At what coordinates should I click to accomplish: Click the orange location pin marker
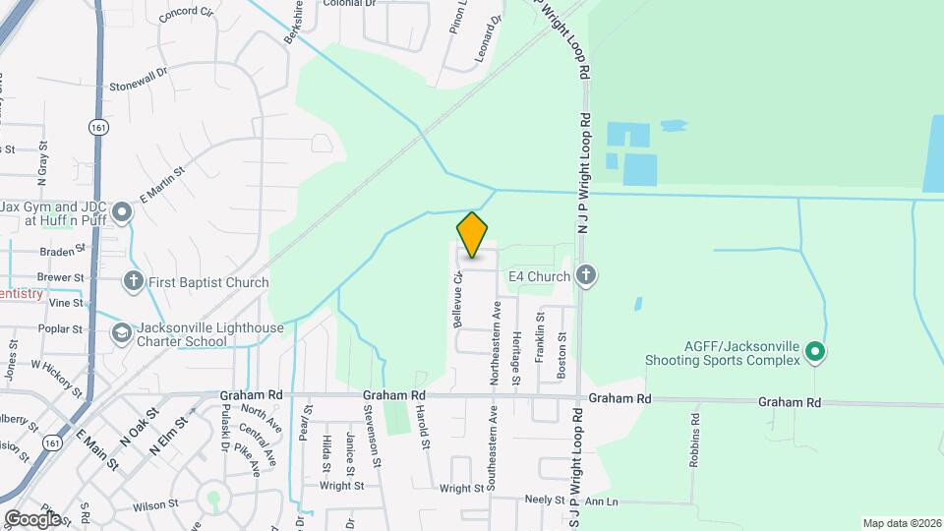tap(473, 235)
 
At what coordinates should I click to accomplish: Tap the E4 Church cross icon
tap(586, 275)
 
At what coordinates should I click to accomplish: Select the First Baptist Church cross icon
tap(134, 282)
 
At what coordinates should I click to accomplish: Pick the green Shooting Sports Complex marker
tap(814, 351)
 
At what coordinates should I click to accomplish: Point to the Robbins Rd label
tap(694, 439)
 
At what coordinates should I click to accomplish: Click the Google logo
tap(32, 518)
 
